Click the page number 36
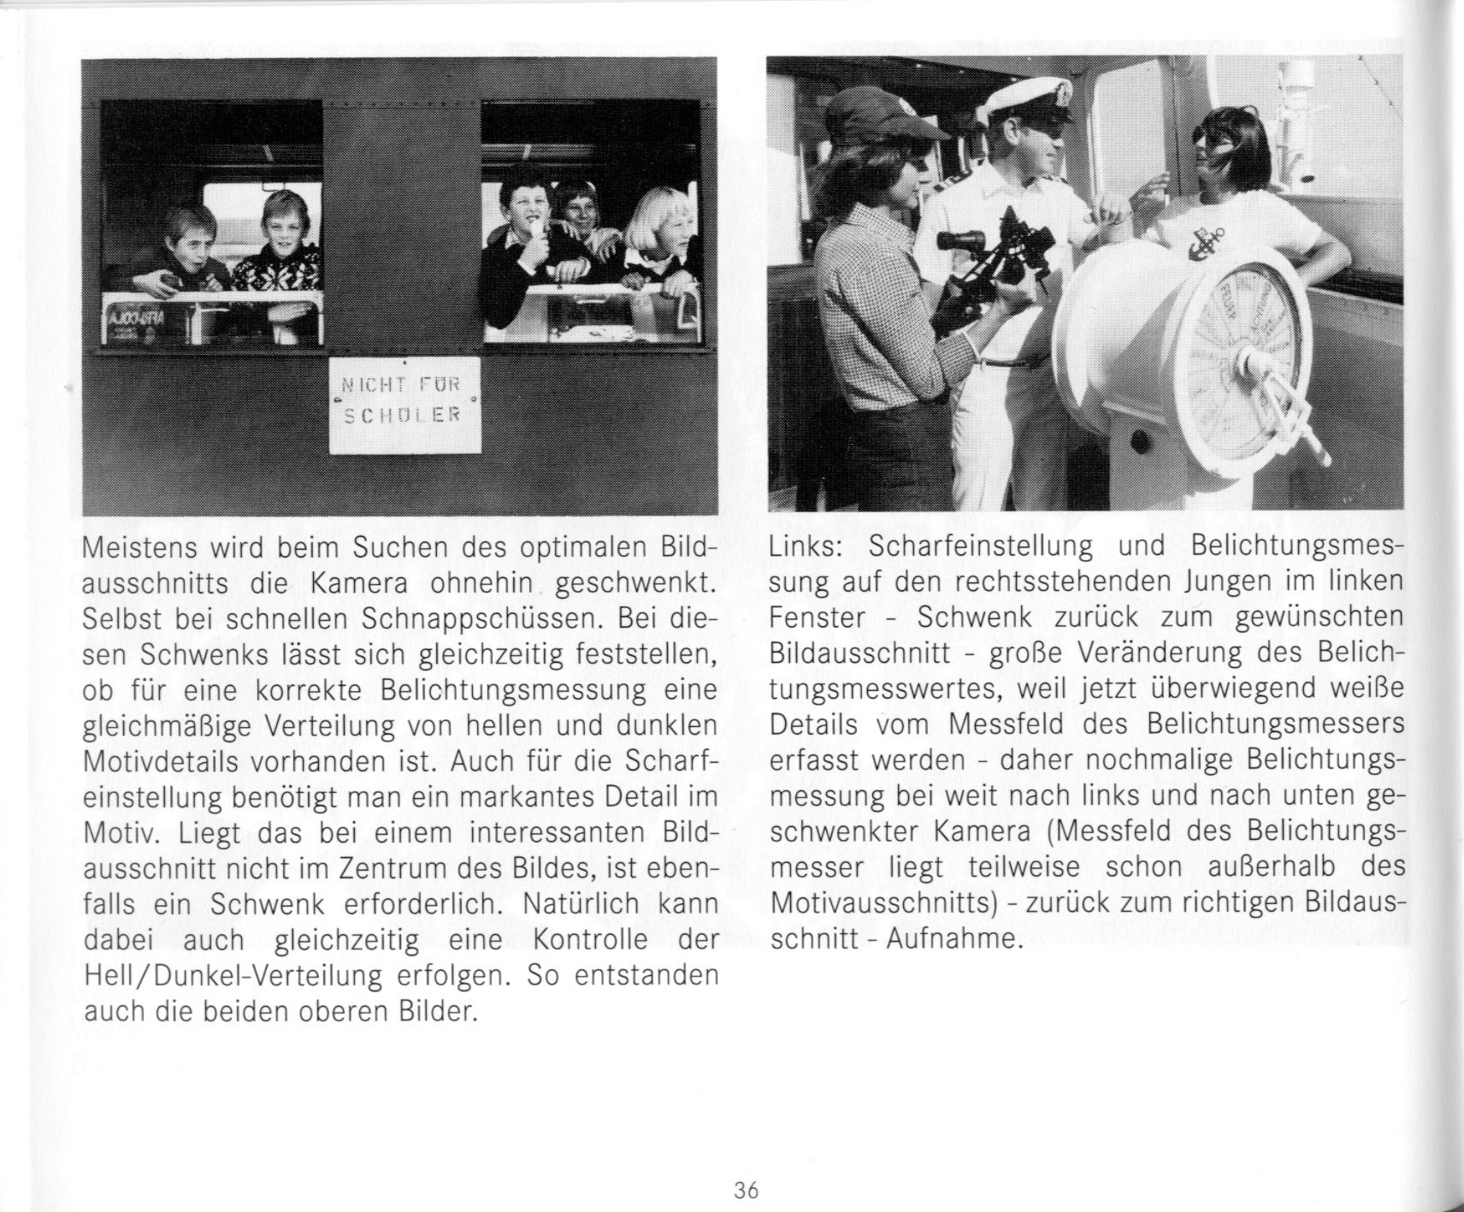(x=746, y=1190)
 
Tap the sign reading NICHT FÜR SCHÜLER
(x=404, y=404)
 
